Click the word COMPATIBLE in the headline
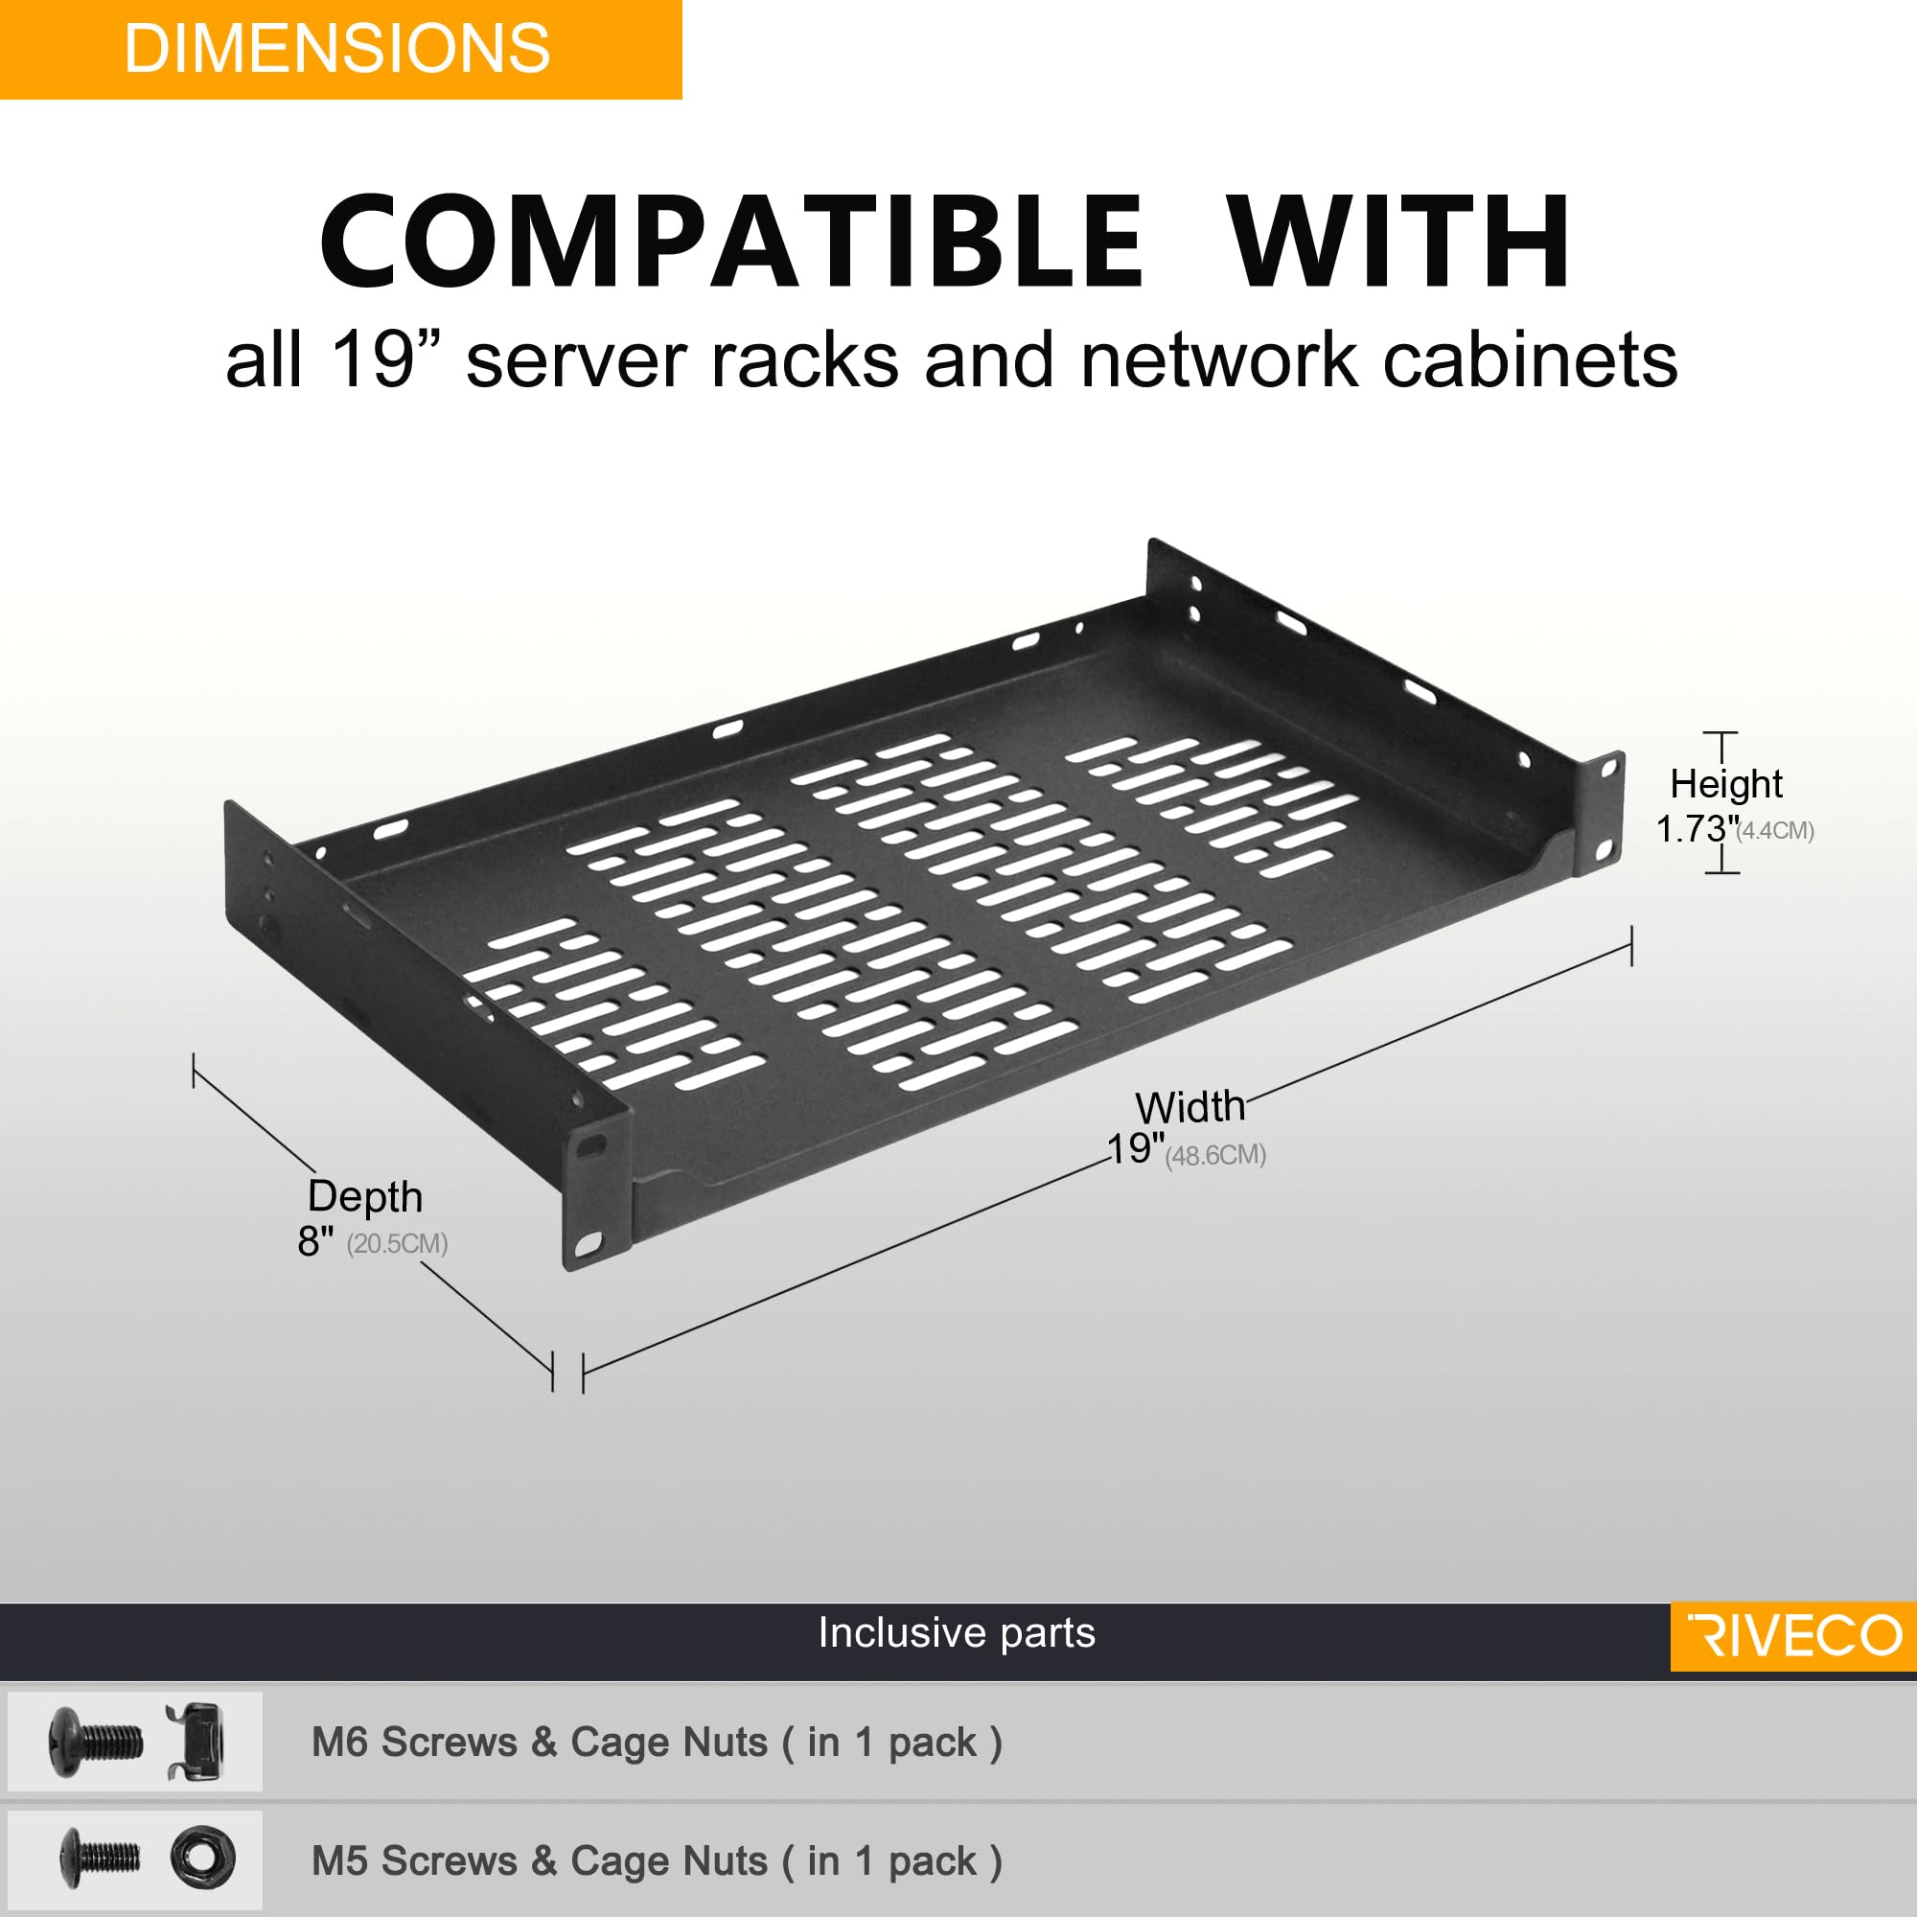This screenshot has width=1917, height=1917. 731,242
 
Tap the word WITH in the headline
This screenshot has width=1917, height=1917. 1399,242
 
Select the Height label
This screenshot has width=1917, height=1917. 1725,784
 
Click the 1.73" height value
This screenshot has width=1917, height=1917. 1696,828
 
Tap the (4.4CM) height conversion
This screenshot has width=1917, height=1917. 1775,830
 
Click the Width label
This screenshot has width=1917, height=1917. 1189,1106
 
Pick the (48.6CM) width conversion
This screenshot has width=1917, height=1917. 1214,1155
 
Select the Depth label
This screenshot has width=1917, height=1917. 365,1195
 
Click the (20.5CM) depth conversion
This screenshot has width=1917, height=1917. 397,1243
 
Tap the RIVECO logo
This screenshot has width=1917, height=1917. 1794,1635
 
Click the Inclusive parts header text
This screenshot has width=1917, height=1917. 957,1632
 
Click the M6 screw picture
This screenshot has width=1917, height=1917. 94,1742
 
